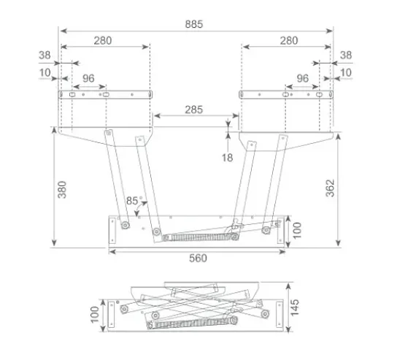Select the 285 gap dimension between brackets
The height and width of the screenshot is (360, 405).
coord(193,110)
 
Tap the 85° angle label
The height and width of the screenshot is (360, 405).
coord(132,200)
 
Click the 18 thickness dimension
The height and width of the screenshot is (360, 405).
coord(228,157)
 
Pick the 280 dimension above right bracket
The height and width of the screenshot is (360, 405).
coord(288,41)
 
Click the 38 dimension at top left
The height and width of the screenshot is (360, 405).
coord(45,54)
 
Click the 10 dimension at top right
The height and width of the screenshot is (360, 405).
coord(345,72)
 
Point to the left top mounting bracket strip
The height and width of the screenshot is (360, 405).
coord(107,94)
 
